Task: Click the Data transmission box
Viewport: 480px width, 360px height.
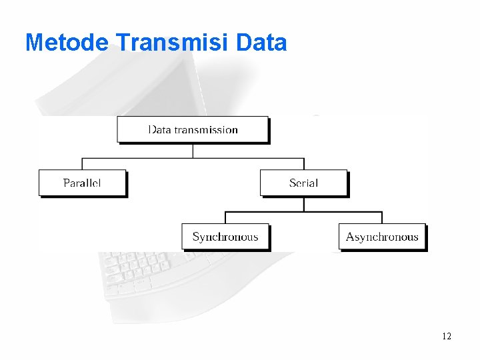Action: (193, 129)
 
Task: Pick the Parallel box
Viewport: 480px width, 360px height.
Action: (82, 183)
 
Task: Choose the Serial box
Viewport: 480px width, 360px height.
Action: (303, 183)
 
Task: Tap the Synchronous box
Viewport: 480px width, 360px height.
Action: (225, 237)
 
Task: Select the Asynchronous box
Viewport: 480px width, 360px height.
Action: (382, 237)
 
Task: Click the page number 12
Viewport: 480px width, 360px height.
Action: (446, 336)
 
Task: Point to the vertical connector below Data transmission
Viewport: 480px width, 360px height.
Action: (193, 150)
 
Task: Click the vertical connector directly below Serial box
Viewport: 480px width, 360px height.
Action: (303, 203)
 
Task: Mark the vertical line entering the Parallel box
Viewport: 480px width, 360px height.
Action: (82, 164)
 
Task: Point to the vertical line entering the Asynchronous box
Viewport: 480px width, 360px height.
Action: (382, 217)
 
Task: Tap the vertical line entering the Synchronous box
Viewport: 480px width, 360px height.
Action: (225, 217)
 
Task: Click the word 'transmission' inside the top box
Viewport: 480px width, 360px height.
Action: (206, 129)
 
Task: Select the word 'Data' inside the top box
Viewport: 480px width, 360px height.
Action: (159, 129)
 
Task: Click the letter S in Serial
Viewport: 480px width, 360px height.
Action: (293, 183)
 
